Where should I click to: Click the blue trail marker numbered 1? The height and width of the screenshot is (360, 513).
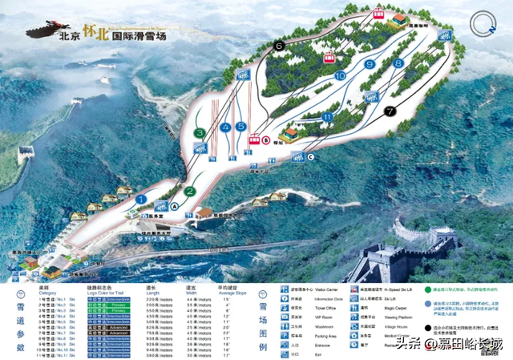[141, 199]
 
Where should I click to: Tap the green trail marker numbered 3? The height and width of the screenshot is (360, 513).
[199, 132]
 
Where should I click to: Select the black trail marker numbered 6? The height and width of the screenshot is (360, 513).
[278, 47]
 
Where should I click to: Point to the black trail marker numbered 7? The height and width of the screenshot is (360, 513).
[390, 111]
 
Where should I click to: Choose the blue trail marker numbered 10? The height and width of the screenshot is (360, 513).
[340, 75]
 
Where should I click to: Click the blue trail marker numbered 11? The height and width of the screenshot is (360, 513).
[327, 117]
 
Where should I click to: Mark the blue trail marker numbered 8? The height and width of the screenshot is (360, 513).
[398, 63]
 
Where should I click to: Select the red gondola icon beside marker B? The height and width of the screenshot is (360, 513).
[256, 137]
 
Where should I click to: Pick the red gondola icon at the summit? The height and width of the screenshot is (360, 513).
[378, 14]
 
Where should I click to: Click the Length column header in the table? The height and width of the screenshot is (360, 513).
[152, 292]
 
